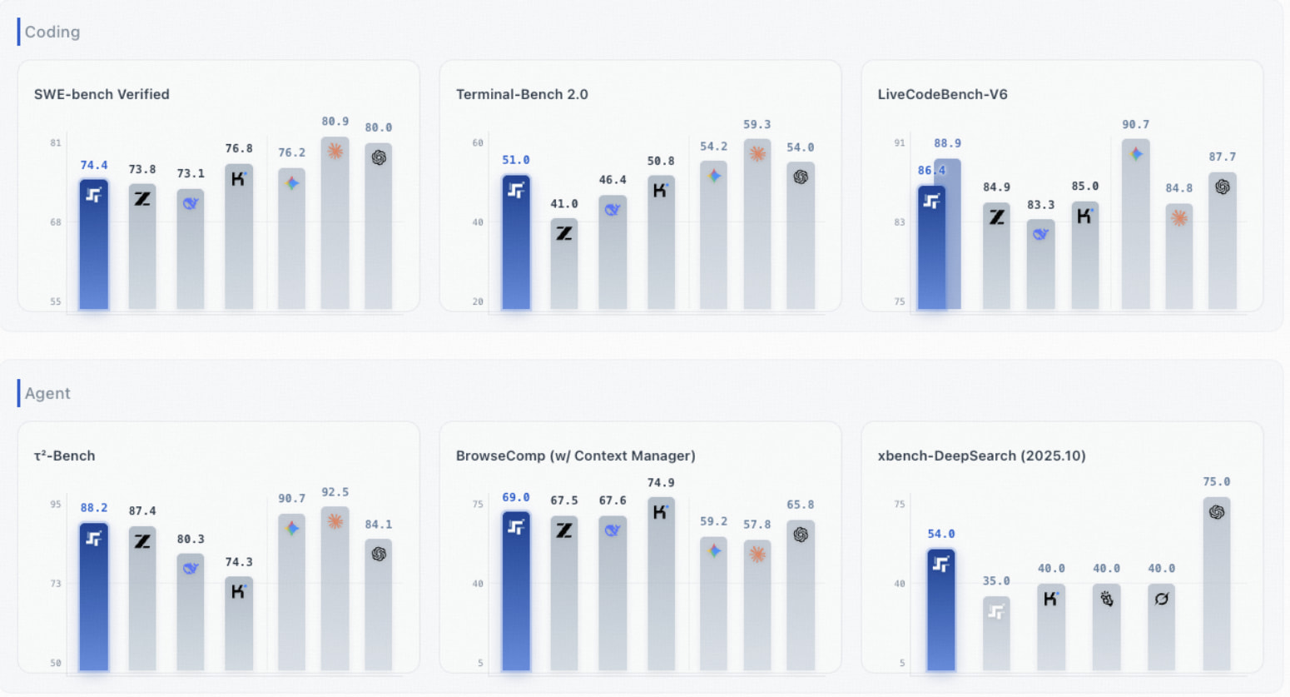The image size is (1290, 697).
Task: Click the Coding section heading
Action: (52, 32)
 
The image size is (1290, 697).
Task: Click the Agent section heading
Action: (47, 393)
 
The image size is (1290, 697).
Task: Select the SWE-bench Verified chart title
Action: (102, 94)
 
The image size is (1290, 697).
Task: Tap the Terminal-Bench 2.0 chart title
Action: (522, 94)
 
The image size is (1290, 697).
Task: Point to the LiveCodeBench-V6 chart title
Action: (942, 94)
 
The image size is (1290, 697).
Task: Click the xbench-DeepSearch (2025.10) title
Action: (981, 456)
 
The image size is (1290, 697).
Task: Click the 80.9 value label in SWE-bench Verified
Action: (335, 122)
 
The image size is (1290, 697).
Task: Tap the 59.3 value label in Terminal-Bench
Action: (757, 125)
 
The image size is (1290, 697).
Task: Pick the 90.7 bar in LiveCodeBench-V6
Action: (1135, 225)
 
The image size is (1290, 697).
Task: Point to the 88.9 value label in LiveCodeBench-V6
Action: (947, 143)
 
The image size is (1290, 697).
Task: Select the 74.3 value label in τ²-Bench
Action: (239, 562)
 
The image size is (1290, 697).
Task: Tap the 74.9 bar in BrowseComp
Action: (661, 584)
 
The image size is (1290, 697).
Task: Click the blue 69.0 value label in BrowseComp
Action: (516, 498)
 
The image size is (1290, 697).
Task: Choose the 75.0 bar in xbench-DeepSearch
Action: (1216, 584)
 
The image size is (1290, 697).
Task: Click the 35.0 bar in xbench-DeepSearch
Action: (996, 633)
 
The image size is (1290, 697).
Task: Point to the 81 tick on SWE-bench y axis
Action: (56, 143)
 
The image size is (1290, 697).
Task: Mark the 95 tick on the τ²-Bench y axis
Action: (56, 505)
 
